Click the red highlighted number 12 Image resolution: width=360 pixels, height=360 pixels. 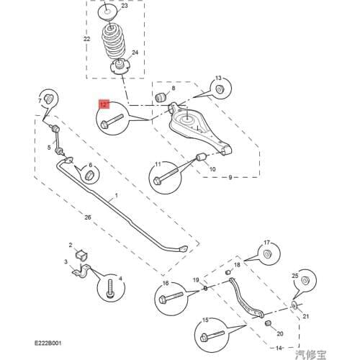(104, 105)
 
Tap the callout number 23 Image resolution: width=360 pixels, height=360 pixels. (125, 6)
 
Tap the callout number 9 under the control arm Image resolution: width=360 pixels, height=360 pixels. (230, 177)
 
